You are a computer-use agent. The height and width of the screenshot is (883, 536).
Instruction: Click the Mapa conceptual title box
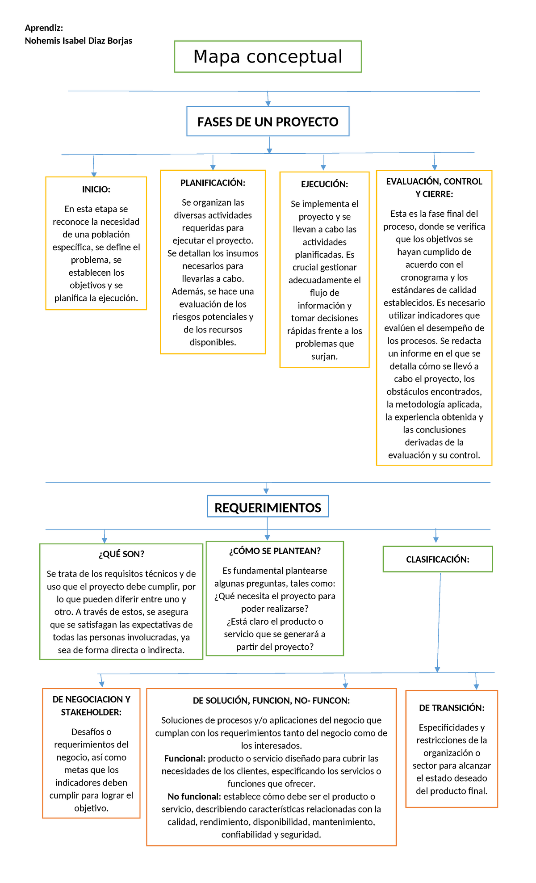pyautogui.click(x=268, y=57)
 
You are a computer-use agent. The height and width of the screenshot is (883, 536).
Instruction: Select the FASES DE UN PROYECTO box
pyautogui.click(x=268, y=122)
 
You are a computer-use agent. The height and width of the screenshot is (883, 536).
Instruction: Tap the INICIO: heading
pyautogui.click(x=96, y=189)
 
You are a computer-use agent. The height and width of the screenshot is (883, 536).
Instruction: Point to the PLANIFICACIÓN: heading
pyautogui.click(x=213, y=183)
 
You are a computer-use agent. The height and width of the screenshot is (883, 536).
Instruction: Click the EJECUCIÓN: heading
pyautogui.click(x=324, y=184)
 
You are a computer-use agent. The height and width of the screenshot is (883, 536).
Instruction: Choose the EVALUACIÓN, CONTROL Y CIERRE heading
pyautogui.click(x=434, y=188)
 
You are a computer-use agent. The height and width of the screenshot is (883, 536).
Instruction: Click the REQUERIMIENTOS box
pyautogui.click(x=268, y=508)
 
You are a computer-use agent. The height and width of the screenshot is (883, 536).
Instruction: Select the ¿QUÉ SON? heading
pyautogui.click(x=121, y=554)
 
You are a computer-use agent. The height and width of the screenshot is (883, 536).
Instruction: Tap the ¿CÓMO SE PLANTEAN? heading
pyautogui.click(x=275, y=551)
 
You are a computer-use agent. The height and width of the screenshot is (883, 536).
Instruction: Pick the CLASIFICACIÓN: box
pyautogui.click(x=437, y=559)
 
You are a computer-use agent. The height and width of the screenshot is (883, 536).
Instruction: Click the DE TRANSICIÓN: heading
pyautogui.click(x=452, y=708)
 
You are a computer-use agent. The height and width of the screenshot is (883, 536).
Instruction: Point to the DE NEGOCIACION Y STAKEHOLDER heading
pyautogui.click(x=91, y=706)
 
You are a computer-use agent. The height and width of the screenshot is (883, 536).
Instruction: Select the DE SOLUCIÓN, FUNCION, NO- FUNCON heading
pyautogui.click(x=271, y=701)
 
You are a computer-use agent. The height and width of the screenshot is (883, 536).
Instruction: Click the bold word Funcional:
pyautogui.click(x=184, y=758)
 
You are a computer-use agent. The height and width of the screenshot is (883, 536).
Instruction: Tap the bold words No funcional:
pyautogui.click(x=194, y=796)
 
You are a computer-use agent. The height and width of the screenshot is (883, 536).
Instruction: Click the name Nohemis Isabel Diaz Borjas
pyautogui.click(x=79, y=41)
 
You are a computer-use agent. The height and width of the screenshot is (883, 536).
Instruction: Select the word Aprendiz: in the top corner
pyautogui.click(x=44, y=28)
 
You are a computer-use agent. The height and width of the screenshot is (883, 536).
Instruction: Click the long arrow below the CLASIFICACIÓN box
pyautogui.click(x=439, y=621)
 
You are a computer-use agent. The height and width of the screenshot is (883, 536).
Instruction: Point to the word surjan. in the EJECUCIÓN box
pyautogui.click(x=324, y=356)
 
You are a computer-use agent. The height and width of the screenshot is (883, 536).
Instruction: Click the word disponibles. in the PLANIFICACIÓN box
pyautogui.click(x=213, y=342)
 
